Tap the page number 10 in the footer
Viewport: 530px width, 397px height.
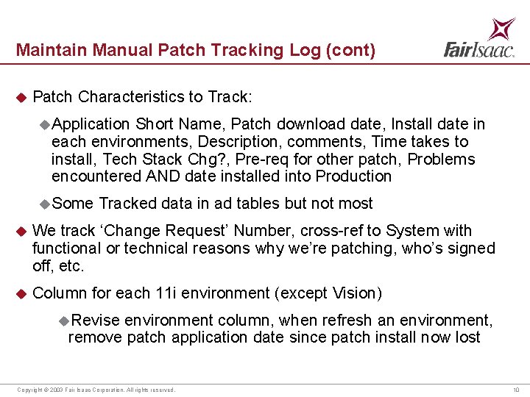515,390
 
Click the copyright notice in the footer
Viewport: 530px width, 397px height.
96,390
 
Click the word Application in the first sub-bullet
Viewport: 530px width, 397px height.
91,124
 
